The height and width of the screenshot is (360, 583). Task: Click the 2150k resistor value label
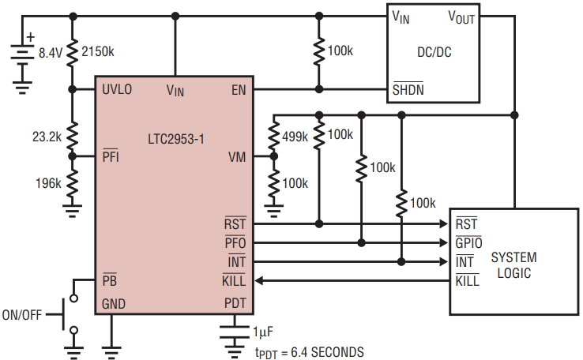tap(98, 51)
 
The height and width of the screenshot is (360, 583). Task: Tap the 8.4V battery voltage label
tap(51, 53)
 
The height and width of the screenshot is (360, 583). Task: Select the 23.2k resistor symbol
tap(72, 136)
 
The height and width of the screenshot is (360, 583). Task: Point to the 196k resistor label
tap(48, 183)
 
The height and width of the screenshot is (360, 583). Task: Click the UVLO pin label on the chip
tap(117, 89)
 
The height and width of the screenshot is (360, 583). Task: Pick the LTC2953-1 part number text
tap(176, 139)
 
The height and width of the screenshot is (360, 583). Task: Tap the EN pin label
tap(239, 90)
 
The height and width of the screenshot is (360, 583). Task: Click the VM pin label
tap(237, 157)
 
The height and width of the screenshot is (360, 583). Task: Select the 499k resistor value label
tap(295, 137)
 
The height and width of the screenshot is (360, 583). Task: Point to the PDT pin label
tap(235, 303)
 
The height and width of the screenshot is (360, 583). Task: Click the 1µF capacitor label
tap(263, 332)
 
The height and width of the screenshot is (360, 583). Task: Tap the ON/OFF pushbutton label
tap(22, 315)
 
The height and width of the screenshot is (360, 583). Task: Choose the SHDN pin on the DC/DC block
tap(408, 89)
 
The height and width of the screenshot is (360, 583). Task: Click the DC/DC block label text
tap(434, 52)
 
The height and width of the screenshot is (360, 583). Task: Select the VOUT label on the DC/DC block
tap(461, 17)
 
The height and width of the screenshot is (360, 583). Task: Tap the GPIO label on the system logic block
tap(468, 242)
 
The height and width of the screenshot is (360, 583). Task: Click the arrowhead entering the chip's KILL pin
tap(259, 281)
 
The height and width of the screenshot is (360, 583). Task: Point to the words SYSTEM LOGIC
tap(513, 265)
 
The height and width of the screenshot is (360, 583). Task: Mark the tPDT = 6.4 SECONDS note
tap(310, 353)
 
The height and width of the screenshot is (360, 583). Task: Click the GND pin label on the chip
tap(114, 304)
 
